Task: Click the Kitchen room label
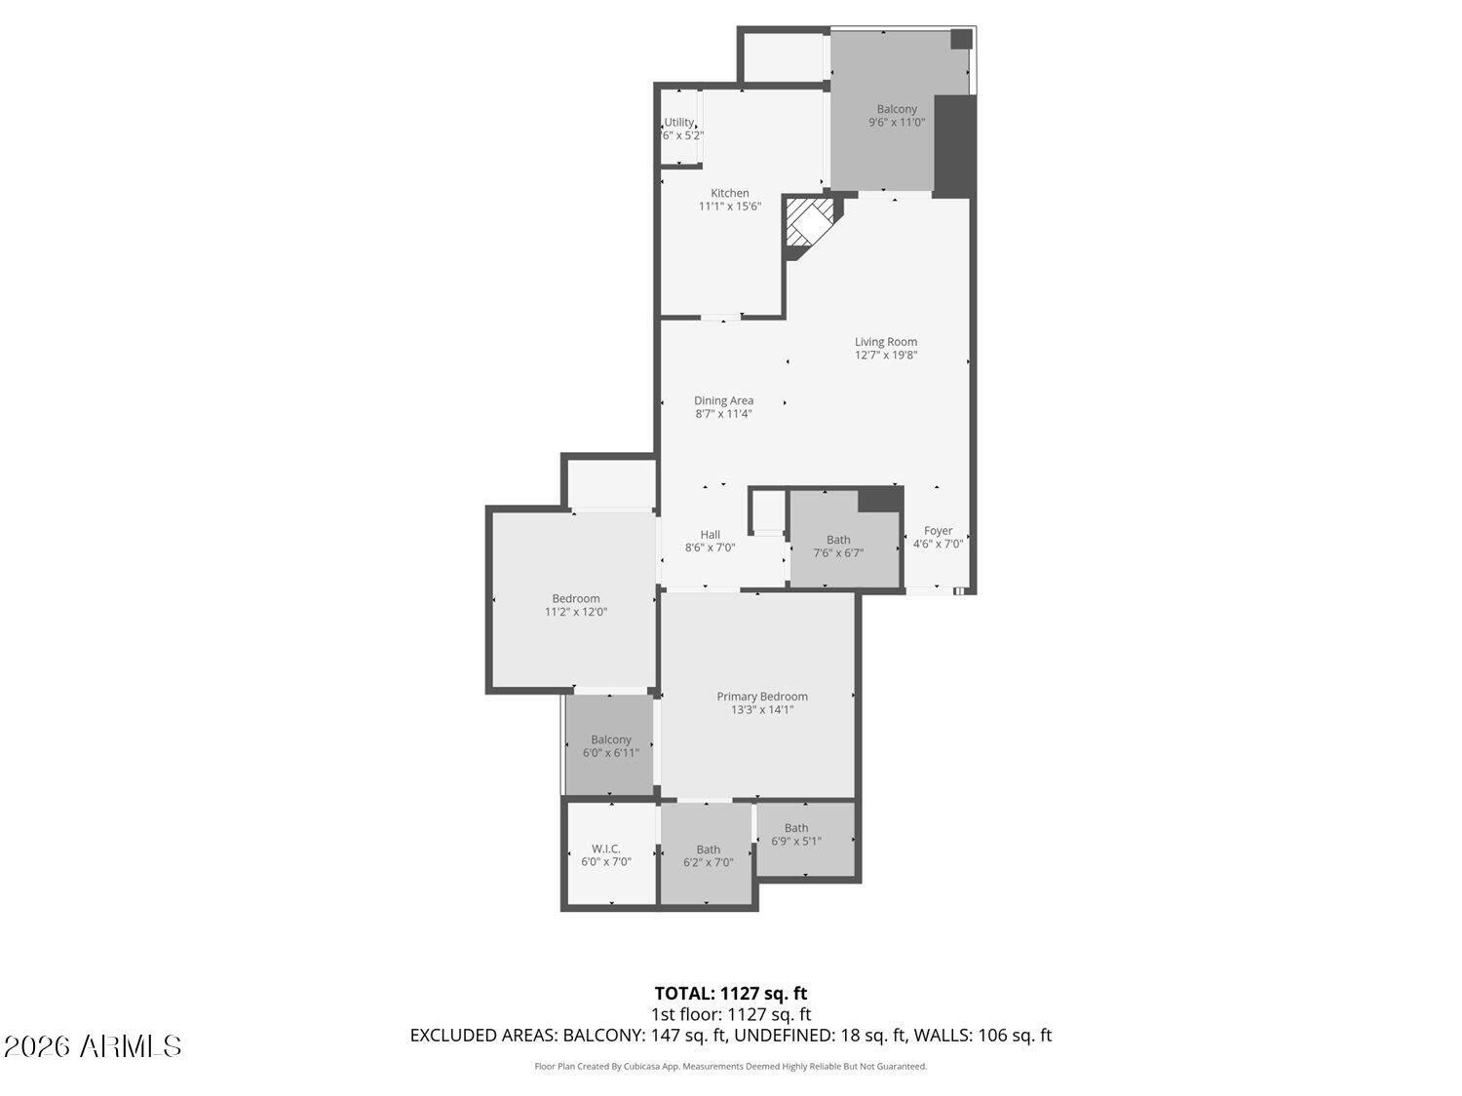pyautogui.click(x=729, y=193)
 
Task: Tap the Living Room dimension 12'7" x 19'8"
pyautogui.click(x=886, y=356)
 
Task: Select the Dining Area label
pyautogui.click(x=723, y=400)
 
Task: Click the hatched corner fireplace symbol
pyautogui.click(x=809, y=224)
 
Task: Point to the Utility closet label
pyautogui.click(x=679, y=123)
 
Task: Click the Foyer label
pyautogui.click(x=938, y=531)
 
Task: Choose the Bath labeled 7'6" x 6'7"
pyautogui.click(x=838, y=546)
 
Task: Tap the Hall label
pyautogui.click(x=710, y=534)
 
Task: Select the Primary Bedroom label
pyautogui.click(x=762, y=697)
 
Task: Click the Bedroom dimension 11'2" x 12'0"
pyautogui.click(x=576, y=612)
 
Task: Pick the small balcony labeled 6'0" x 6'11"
pyautogui.click(x=611, y=746)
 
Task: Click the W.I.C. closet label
pyautogui.click(x=606, y=849)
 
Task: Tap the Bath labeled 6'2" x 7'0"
pyautogui.click(x=709, y=855)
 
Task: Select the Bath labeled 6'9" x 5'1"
pyautogui.click(x=796, y=834)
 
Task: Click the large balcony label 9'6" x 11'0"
pyautogui.click(x=897, y=116)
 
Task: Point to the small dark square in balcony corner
pyautogui.click(x=961, y=39)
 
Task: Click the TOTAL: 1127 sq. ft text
pyautogui.click(x=730, y=994)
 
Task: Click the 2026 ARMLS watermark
pyautogui.click(x=93, y=1046)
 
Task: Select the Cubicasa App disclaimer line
pyautogui.click(x=730, y=1067)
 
